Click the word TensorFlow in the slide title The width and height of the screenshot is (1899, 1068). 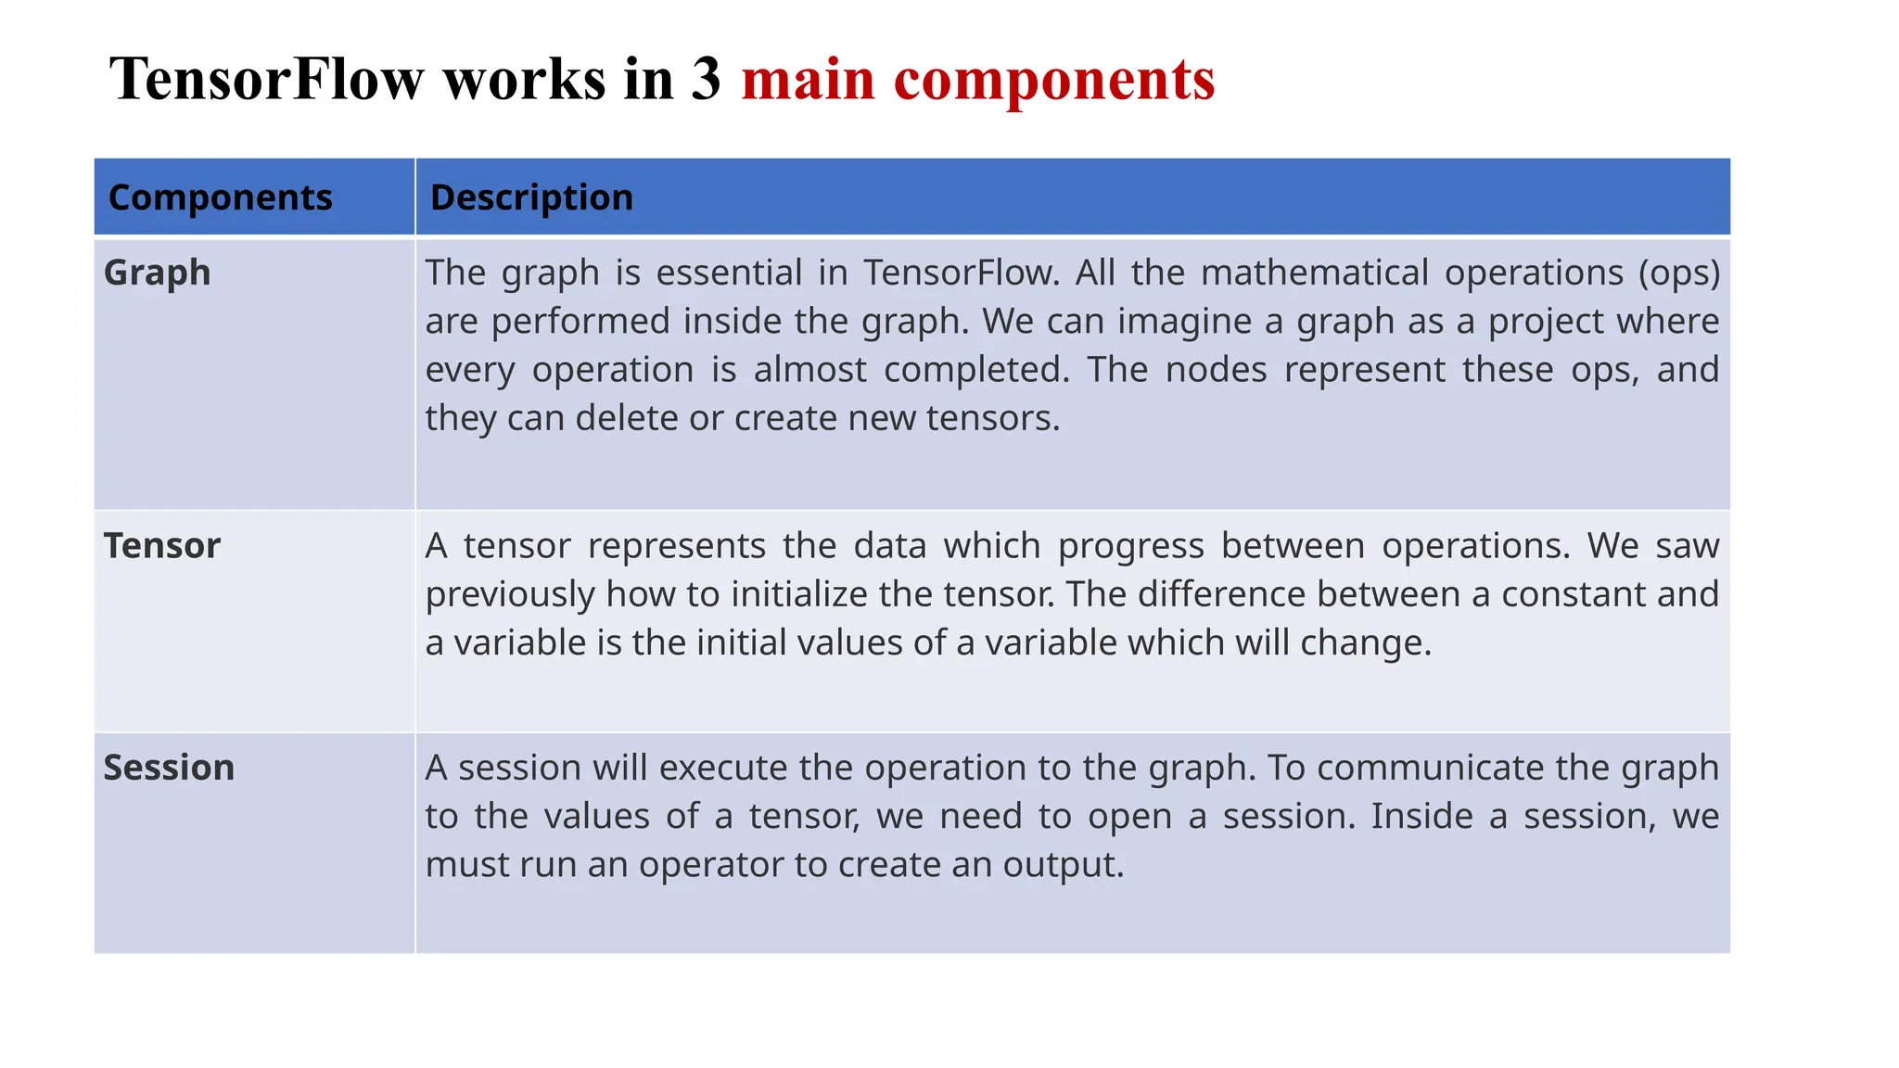pos(267,79)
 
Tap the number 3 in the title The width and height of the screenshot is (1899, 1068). pos(705,79)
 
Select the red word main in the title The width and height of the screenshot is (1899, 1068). pos(808,79)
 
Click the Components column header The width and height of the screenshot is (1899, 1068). pos(220,197)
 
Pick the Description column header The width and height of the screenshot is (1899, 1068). pos(531,197)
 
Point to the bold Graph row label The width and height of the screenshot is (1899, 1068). pos(158,273)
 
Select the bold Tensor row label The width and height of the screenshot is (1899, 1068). pos(162,546)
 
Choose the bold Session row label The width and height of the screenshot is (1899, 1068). pos(169,768)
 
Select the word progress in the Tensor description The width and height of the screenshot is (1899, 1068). pos(1130,546)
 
